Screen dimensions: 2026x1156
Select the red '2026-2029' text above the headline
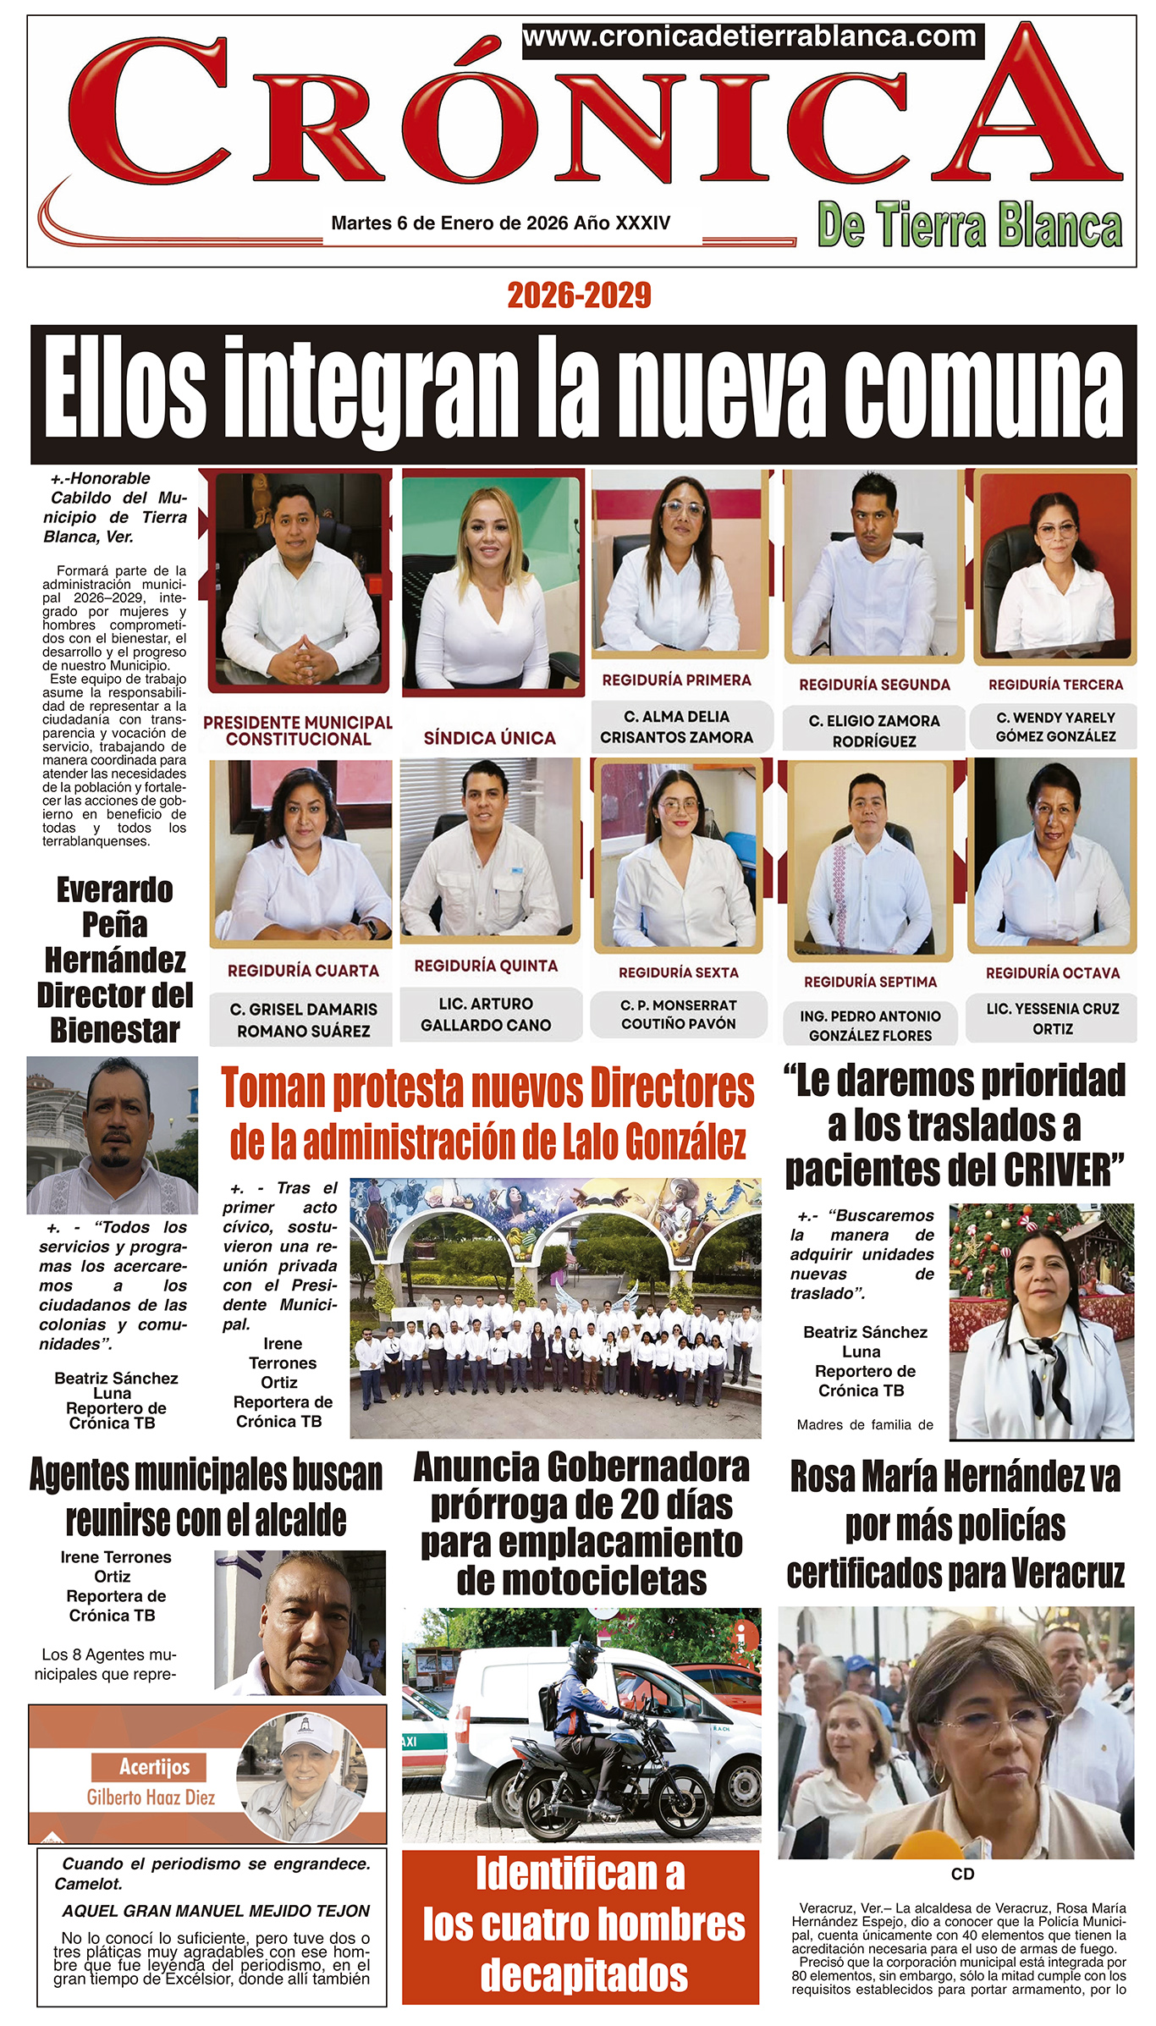click(x=579, y=295)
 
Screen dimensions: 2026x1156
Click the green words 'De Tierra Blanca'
click(x=970, y=227)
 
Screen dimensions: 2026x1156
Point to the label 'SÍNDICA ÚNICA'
click(x=490, y=738)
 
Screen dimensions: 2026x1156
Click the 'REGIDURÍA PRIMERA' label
click(x=677, y=680)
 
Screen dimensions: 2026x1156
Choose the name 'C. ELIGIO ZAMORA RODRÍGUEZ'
click(x=874, y=730)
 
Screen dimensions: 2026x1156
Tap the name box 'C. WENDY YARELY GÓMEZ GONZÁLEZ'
click(x=1055, y=727)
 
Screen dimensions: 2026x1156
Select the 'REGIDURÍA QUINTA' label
click(x=486, y=966)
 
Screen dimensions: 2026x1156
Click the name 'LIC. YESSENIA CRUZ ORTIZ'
click(x=1053, y=1018)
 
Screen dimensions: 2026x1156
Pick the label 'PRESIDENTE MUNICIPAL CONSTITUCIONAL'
click(x=298, y=730)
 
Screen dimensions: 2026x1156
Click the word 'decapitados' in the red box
click(x=584, y=1974)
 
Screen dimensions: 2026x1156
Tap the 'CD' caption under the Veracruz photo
click(x=962, y=1874)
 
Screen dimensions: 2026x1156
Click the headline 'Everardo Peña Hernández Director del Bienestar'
click(x=115, y=960)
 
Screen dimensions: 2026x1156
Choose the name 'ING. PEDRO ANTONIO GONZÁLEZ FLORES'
click(x=871, y=1025)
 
